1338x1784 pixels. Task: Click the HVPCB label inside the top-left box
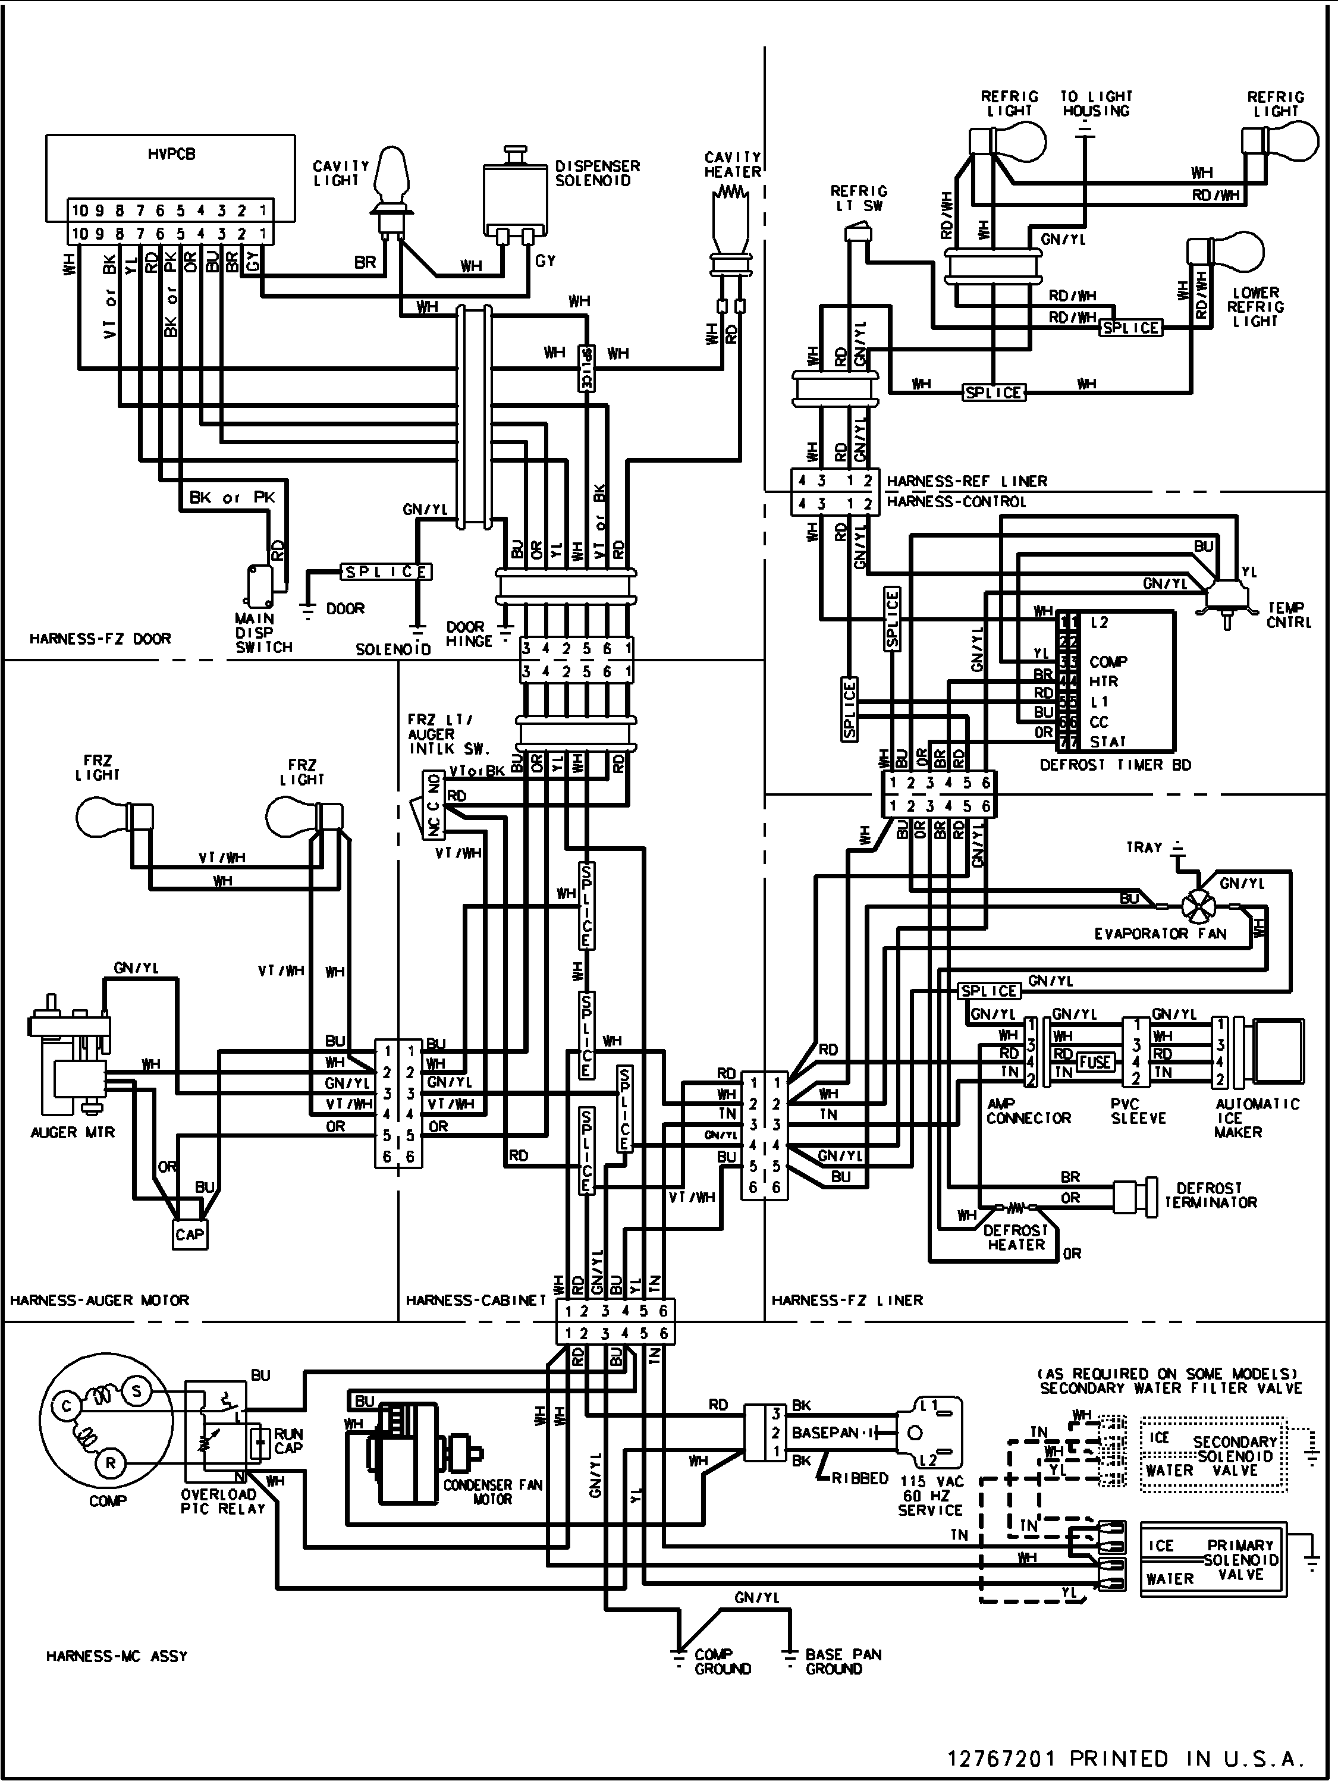click(x=171, y=154)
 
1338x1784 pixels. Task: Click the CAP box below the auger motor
click(x=190, y=1235)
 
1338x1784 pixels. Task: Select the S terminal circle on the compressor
click(x=136, y=1390)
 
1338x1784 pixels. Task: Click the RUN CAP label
click(x=287, y=1440)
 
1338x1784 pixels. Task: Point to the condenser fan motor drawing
click(x=412, y=1456)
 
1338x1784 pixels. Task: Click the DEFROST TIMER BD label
click(x=1114, y=765)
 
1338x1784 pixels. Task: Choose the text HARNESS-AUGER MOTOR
click(x=99, y=1300)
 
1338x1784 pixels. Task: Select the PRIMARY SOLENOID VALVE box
click(x=1211, y=1559)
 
